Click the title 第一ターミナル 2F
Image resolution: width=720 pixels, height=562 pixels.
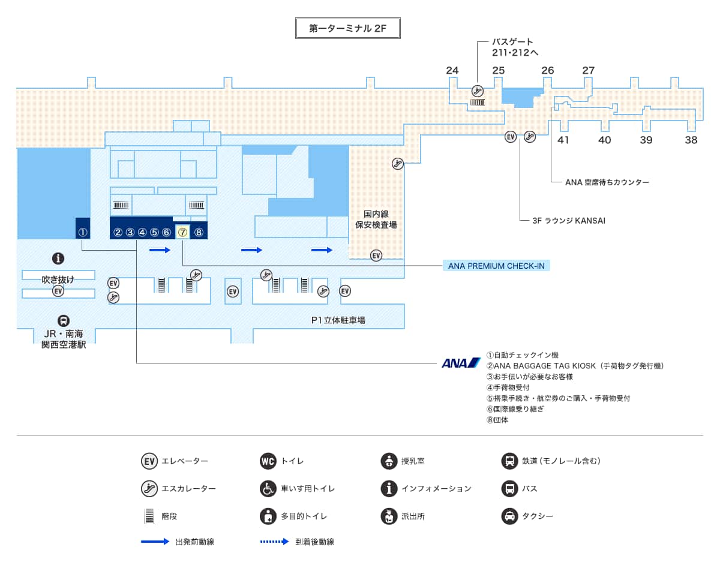tap(348, 28)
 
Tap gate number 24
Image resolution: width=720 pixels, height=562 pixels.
tap(452, 70)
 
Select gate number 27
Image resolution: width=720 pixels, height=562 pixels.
tap(589, 70)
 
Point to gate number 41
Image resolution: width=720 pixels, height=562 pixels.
tap(563, 140)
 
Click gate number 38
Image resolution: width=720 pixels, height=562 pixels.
tap(691, 140)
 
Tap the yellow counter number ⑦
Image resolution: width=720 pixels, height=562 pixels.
tap(183, 232)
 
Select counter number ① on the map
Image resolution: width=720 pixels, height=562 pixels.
tap(83, 232)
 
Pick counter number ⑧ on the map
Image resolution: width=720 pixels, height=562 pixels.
tap(199, 232)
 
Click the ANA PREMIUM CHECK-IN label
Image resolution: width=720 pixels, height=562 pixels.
tap(496, 266)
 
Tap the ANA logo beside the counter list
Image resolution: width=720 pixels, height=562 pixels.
tap(461, 363)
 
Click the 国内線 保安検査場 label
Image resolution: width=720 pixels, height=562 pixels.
tap(376, 220)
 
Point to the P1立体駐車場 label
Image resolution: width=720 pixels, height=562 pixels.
tap(338, 320)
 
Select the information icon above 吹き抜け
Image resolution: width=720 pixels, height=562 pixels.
tap(58, 259)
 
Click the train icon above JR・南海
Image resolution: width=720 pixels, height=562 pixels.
tap(64, 321)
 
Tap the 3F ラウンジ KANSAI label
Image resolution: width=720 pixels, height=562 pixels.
tap(568, 221)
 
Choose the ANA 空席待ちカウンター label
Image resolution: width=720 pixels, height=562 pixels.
tap(607, 182)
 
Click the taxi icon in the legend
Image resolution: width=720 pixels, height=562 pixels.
tap(509, 516)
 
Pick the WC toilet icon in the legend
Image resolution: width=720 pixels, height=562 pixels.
tap(268, 461)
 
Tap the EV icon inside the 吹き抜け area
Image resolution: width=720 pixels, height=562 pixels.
tap(58, 291)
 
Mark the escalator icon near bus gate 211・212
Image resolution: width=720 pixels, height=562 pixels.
tap(478, 91)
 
